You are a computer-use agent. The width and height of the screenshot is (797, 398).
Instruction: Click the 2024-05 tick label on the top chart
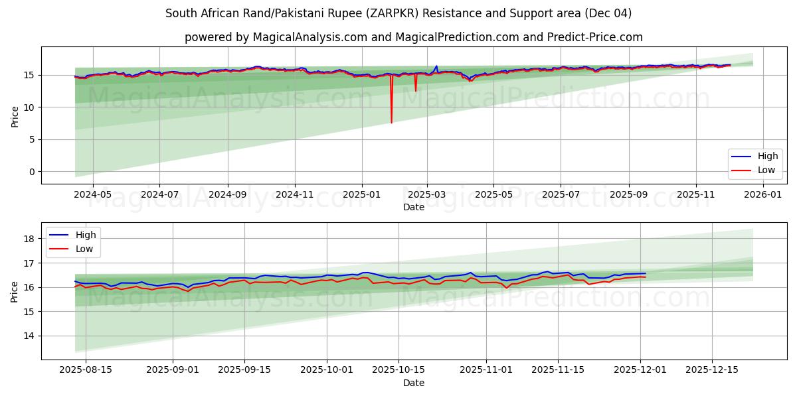[92, 195]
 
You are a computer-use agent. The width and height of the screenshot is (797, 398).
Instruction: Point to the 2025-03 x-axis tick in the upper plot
[427, 195]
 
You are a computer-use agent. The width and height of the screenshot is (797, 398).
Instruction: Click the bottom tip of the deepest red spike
[391, 123]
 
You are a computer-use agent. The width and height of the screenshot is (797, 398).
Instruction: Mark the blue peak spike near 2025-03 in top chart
[436, 66]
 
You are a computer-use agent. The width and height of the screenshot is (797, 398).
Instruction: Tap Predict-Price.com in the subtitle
[604, 37]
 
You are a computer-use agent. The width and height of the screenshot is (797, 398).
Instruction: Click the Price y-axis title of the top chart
[15, 116]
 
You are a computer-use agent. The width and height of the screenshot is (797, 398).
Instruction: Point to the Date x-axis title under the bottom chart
[413, 383]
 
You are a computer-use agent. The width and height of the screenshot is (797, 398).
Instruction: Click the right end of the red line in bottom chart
[645, 277]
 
